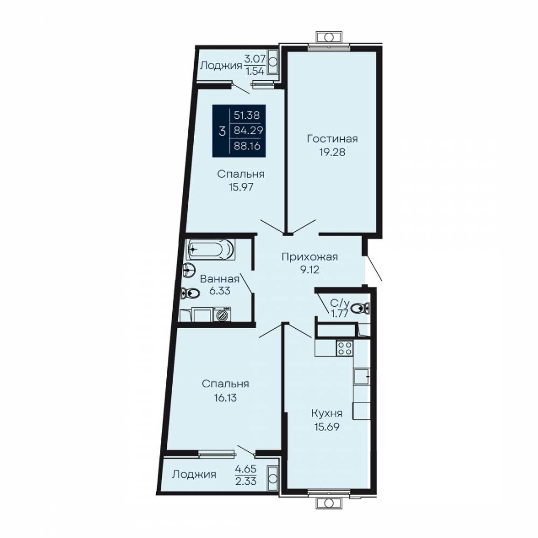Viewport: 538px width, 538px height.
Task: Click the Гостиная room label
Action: click(332, 139)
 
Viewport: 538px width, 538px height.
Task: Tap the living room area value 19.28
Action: click(332, 152)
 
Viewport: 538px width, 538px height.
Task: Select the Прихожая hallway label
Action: click(309, 257)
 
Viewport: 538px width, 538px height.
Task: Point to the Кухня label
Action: click(327, 413)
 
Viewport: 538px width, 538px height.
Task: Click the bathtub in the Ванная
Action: click(210, 249)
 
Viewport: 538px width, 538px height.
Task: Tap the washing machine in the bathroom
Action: click(222, 314)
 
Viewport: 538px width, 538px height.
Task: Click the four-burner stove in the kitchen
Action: click(344, 348)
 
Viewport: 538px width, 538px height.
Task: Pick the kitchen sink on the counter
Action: click(362, 377)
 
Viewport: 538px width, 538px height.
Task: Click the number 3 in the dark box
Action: click(222, 131)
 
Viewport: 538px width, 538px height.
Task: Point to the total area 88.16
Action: click(247, 146)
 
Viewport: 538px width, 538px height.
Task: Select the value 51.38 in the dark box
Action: click(247, 115)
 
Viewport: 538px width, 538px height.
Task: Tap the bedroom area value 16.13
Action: click(225, 398)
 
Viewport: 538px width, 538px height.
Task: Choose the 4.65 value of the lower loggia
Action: click(246, 469)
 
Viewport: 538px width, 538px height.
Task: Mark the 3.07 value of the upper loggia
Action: click(254, 59)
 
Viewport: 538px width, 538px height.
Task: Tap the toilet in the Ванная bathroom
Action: click(190, 293)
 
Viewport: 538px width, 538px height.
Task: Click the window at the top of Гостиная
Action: click(329, 47)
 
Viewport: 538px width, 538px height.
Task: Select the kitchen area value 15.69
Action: click(327, 427)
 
